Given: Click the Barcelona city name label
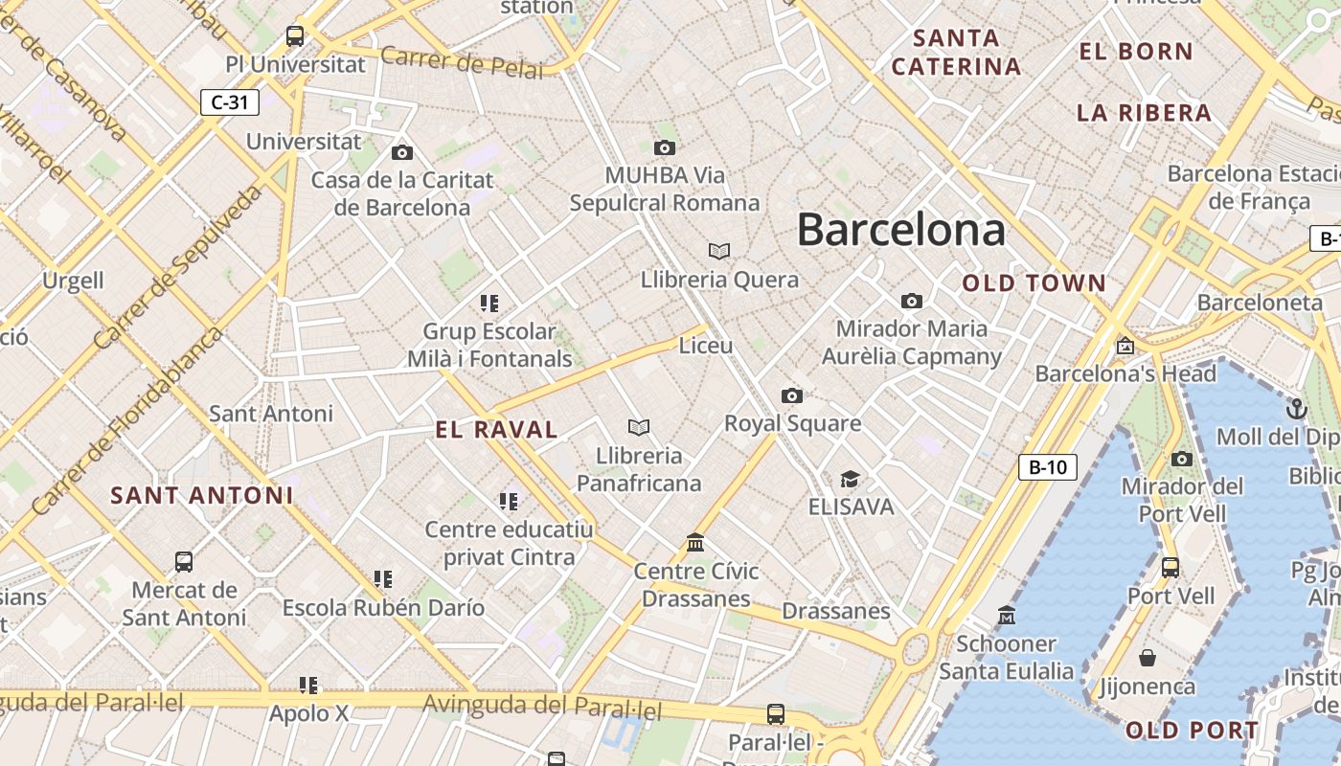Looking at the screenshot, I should coord(900,230).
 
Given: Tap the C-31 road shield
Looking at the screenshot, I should coord(230,102).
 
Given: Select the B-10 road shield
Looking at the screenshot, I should coord(1047,467).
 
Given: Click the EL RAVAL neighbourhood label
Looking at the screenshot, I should coord(496,430).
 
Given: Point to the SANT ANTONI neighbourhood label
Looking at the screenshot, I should coord(201,495).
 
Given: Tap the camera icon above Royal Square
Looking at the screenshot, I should coord(791,395).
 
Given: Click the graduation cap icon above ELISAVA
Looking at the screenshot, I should coord(849,479).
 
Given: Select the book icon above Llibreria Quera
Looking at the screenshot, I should coord(719,251).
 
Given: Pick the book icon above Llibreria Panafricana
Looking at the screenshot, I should coord(639,427).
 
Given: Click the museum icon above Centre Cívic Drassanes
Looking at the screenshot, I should coord(695,543).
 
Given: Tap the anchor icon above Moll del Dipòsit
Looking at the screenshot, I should coord(1296,409).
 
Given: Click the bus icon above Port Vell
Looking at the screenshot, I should coord(1170,567).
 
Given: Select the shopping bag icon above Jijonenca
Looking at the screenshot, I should coord(1147,658).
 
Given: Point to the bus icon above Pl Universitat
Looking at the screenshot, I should coord(295,36).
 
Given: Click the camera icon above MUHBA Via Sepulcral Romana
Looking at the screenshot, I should coord(665,147).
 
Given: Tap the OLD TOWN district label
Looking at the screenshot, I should coord(1034,283).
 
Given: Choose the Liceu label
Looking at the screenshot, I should coord(705,346).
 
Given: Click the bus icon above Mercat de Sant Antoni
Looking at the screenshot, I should coord(184,561).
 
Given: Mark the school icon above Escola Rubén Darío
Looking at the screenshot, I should coord(383,578).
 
